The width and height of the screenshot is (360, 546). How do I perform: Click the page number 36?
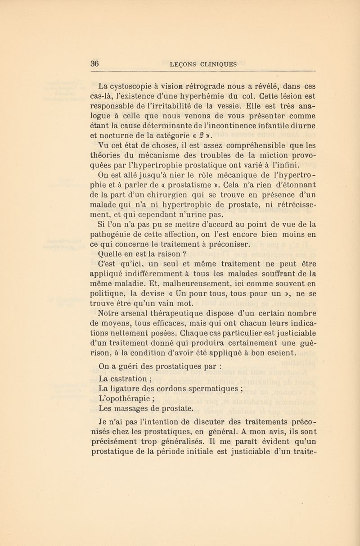pos(95,63)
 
